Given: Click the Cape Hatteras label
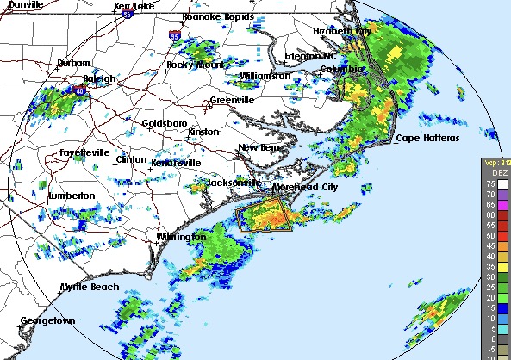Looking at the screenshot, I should (427, 139).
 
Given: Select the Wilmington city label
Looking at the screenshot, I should (181, 237).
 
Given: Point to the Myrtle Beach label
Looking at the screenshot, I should (89, 287).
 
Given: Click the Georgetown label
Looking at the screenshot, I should (48, 320).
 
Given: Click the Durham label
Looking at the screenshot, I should (73, 64).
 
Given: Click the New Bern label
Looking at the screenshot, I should (259, 148).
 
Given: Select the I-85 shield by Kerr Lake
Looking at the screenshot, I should (128, 14).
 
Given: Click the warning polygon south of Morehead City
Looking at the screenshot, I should (266, 215).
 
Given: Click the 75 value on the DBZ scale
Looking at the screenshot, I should (490, 184).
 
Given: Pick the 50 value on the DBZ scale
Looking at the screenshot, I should (490, 235).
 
